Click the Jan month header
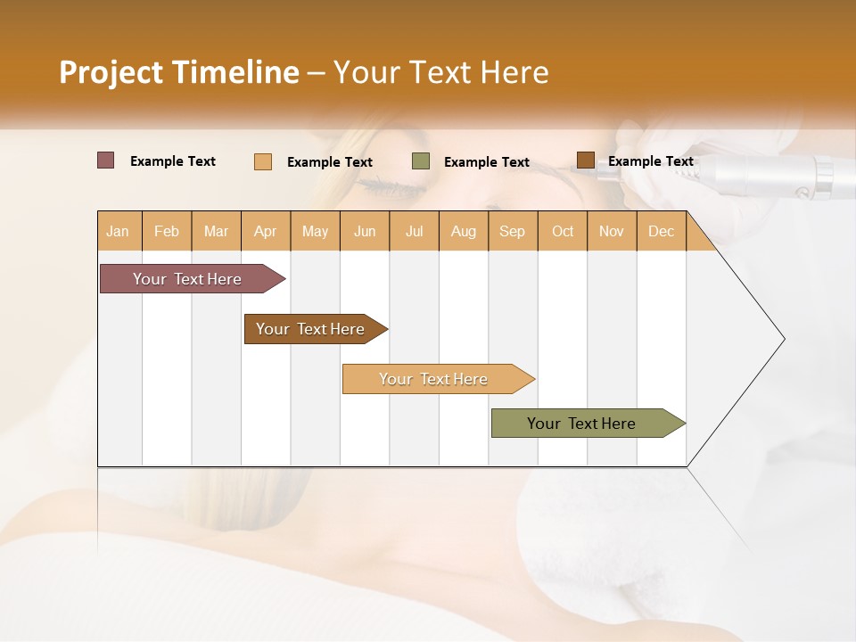pyautogui.click(x=118, y=231)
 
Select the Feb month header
pyautogui.click(x=167, y=231)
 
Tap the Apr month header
pyautogui.click(x=265, y=231)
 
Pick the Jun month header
pyautogui.click(x=365, y=231)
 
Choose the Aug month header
pyautogui.click(x=464, y=231)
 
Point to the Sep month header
pyautogui.click(x=512, y=231)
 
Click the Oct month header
pyautogui.click(x=563, y=231)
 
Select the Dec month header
pyautogui.click(x=661, y=231)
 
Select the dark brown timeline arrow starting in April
pyautogui.click(x=313, y=329)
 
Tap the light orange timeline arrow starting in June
pyautogui.click(x=435, y=379)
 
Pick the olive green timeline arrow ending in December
pyautogui.click(x=584, y=424)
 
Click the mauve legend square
pyautogui.click(x=106, y=160)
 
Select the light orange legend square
pyautogui.click(x=263, y=161)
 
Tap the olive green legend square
pyautogui.click(x=421, y=161)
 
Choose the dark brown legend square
pyautogui.click(x=585, y=160)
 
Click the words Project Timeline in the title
pyautogui.click(x=178, y=72)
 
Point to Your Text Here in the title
pyautogui.click(x=440, y=72)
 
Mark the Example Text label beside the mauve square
pyautogui.click(x=173, y=161)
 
